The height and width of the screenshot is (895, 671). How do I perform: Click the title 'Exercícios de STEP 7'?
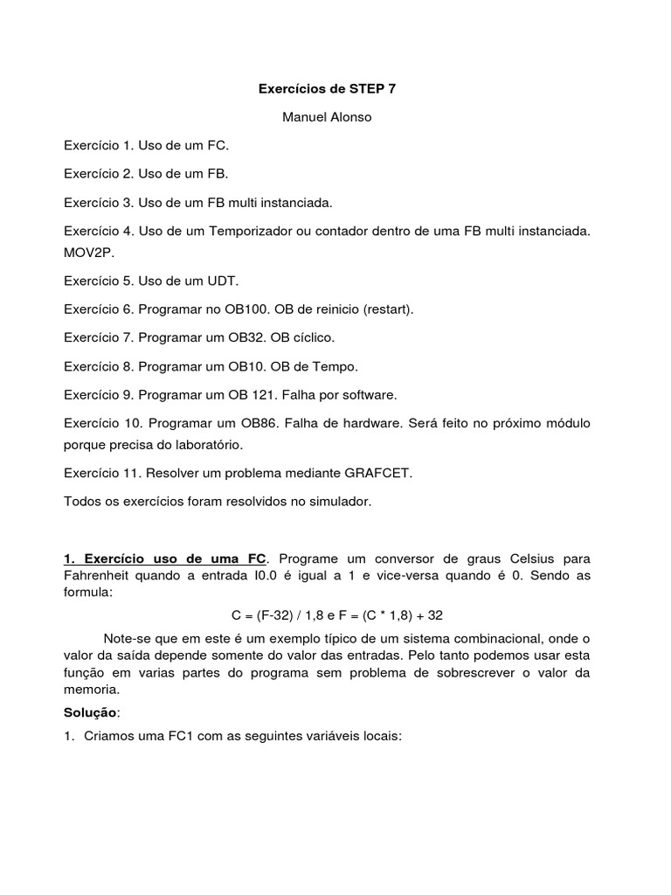tap(328, 88)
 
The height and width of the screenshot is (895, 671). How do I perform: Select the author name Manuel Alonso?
tap(327, 116)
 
